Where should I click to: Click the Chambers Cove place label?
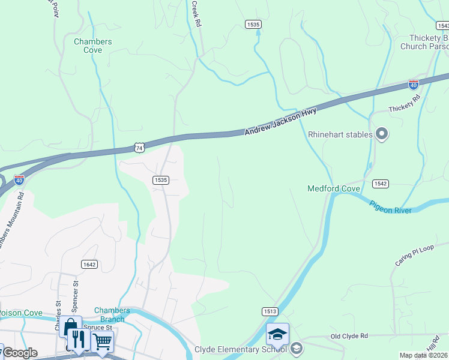[92, 46]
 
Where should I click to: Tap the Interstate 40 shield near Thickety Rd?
[414, 85]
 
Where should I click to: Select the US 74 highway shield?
[139, 147]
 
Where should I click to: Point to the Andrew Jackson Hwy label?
[280, 122]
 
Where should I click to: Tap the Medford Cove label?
[334, 188]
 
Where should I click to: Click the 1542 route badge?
[379, 183]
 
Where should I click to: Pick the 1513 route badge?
[270, 311]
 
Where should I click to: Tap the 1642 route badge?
[89, 264]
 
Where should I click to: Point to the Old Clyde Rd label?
[348, 337]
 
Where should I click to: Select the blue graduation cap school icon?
[277, 334]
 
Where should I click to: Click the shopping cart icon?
[102, 342]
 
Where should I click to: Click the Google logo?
[20, 353]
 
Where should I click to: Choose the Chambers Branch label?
[112, 314]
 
